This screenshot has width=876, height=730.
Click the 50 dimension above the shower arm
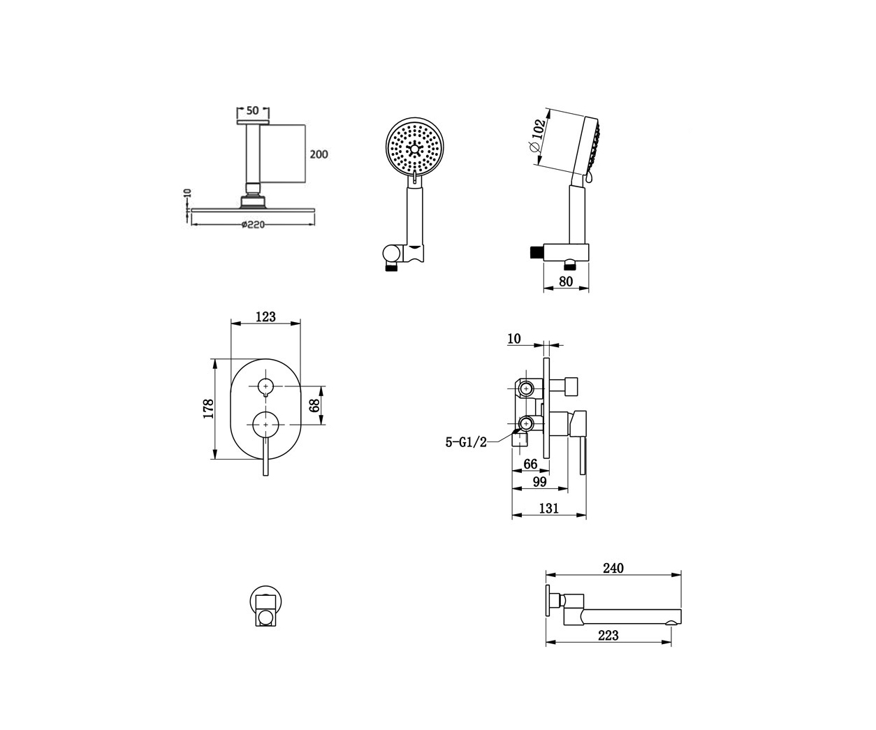(x=252, y=110)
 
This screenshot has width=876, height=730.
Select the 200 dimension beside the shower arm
(x=319, y=154)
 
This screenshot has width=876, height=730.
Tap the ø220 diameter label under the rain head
(x=253, y=225)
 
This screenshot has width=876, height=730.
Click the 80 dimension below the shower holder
(x=566, y=282)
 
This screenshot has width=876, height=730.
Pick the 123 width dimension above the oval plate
(x=265, y=316)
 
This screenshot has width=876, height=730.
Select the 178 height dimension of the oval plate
(x=208, y=409)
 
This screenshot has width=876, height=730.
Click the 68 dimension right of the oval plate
(x=314, y=405)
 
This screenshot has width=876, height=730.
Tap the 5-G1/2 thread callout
(x=466, y=442)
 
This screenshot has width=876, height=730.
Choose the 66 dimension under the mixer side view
(x=530, y=464)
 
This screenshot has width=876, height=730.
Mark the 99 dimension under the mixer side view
(x=539, y=481)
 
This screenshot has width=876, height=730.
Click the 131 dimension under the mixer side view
(x=549, y=509)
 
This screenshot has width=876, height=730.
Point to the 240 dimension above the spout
(x=613, y=568)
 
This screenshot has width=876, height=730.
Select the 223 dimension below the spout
(x=608, y=636)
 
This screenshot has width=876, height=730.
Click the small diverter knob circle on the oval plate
(x=265, y=386)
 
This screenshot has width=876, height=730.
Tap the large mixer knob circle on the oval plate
(x=265, y=425)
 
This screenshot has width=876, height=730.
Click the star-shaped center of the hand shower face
(x=414, y=148)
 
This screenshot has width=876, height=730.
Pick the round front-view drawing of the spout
(x=265, y=606)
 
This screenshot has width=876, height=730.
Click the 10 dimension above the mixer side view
(x=514, y=339)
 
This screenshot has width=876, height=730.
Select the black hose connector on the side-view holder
(x=536, y=252)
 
